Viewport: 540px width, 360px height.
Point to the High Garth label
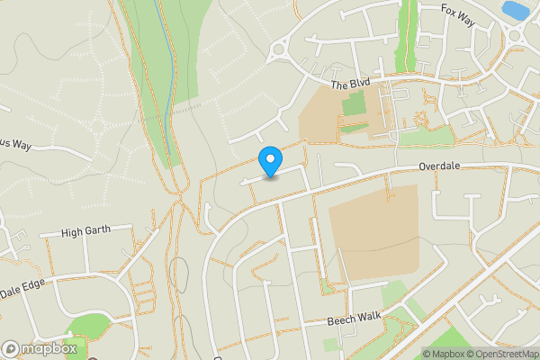pyautogui.click(x=85, y=231)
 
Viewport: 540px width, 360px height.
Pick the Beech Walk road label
pyautogui.click(x=355, y=320)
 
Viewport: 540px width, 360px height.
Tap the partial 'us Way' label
pyautogui.click(x=15, y=142)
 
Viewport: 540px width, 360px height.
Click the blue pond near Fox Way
pyautogui.click(x=515, y=10)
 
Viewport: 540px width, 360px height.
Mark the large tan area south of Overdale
pyautogui.click(x=373, y=235)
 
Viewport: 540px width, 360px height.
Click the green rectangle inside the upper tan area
pyautogui.click(x=354, y=106)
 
